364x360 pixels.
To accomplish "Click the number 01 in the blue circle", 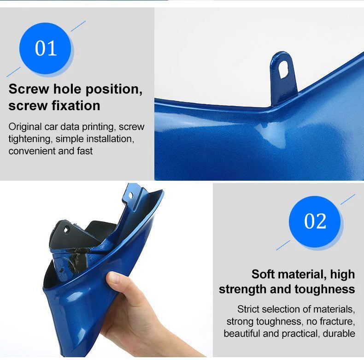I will point(46,48).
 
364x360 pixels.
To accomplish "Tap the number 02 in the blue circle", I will point(315,221).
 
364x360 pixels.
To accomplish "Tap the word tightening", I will point(29,139).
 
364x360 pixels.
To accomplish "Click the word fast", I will point(85,151).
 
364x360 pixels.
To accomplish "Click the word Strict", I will point(248,309).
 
